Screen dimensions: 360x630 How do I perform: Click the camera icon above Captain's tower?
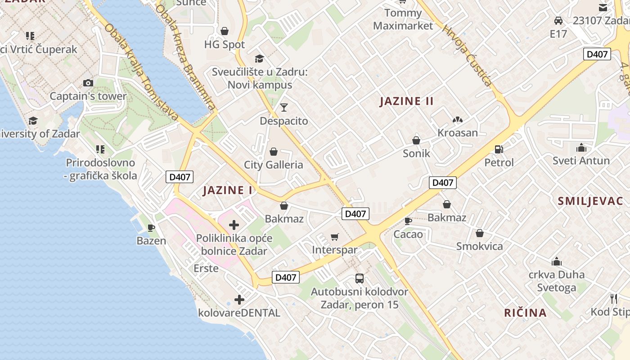tap(88, 83)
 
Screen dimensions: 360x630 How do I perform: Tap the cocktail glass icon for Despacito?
tap(284, 108)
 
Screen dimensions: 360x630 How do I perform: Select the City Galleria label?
tap(274, 165)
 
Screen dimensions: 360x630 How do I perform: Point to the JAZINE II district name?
tap(407, 101)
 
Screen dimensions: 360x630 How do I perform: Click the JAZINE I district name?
tap(228, 190)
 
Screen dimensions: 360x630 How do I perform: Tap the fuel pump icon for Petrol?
tap(499, 149)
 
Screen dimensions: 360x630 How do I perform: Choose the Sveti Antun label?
tap(581, 161)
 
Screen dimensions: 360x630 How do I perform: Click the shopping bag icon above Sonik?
tap(416, 140)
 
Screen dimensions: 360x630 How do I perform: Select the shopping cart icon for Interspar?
tap(334, 237)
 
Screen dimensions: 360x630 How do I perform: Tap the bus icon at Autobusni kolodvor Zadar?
tap(359, 279)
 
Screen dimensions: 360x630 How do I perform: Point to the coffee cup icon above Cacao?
tap(408, 221)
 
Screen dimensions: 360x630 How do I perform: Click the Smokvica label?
tap(479, 246)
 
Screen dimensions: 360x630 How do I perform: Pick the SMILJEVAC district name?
tap(590, 201)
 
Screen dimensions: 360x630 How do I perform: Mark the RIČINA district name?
tap(525, 313)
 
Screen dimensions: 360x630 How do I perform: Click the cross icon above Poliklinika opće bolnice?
tap(234, 225)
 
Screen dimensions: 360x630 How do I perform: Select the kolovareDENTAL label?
tap(239, 312)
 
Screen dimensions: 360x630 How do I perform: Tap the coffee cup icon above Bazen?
tap(151, 228)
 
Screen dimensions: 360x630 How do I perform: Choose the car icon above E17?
tap(558, 21)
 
